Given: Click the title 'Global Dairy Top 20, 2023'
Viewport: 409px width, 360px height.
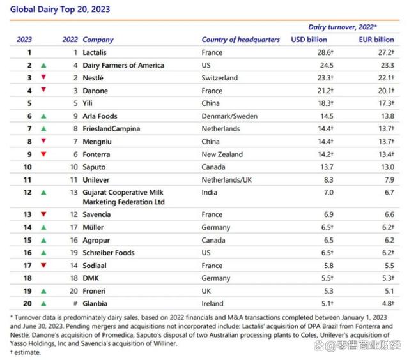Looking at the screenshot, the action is click(x=60, y=10).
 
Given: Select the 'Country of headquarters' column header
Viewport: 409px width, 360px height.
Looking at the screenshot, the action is click(x=240, y=40).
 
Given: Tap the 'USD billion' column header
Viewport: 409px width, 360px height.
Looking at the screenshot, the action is click(x=309, y=40).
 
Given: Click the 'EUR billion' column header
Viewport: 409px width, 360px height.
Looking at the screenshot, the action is click(x=376, y=40).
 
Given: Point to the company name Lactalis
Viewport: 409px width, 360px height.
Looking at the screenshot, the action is click(x=95, y=52).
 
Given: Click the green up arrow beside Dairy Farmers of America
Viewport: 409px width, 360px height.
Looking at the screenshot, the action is click(x=43, y=65).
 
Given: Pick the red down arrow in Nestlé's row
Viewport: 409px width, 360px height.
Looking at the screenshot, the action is click(x=43, y=77).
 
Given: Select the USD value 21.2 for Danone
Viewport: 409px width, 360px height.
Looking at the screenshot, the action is click(x=325, y=91).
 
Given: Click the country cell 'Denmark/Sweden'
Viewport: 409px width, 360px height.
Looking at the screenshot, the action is click(x=229, y=116).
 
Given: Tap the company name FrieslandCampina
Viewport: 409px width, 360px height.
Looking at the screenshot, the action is click(x=111, y=129).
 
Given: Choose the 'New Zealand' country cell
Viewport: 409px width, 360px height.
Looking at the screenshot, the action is click(x=222, y=154).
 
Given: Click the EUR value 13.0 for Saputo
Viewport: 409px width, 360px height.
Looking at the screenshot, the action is click(x=388, y=167).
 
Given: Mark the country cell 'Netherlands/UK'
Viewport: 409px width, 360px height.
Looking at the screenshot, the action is click(x=227, y=180).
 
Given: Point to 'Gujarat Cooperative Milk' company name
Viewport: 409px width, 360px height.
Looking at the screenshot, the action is click(x=123, y=193).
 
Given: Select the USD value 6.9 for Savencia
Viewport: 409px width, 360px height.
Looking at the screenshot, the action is click(x=328, y=214).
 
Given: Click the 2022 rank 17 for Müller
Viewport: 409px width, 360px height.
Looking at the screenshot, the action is click(x=74, y=227).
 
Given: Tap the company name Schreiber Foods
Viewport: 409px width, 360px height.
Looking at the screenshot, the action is click(x=109, y=253).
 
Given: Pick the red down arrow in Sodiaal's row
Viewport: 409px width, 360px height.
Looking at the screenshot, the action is click(x=43, y=266).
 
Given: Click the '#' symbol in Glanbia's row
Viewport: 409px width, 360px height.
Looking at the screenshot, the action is click(x=75, y=303).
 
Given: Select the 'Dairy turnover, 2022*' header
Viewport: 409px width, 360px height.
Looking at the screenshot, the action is click(x=343, y=27).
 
